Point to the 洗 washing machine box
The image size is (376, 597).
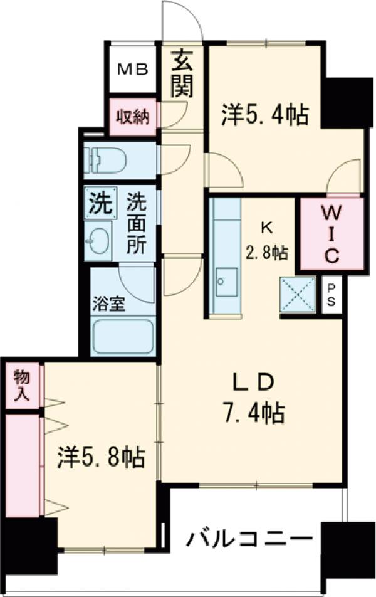point(99,203)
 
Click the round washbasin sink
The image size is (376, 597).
point(98,240)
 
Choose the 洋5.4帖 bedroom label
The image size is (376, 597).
point(264,114)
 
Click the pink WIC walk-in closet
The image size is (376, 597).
point(331,233)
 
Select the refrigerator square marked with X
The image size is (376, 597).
point(297,293)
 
